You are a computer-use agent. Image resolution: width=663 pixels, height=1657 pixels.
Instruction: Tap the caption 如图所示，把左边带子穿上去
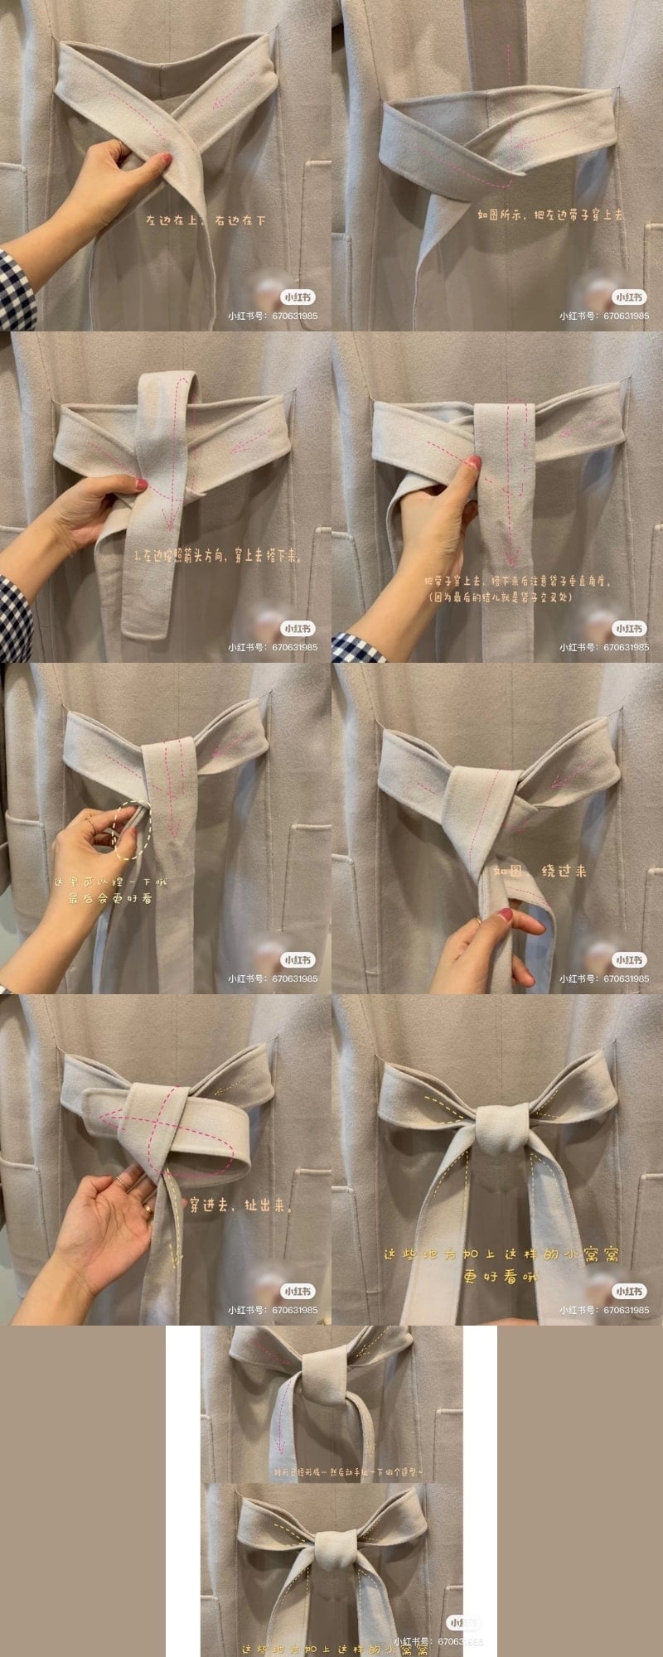pyautogui.click(x=550, y=215)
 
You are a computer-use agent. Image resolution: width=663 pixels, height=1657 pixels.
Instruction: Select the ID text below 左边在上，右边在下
pyautogui.click(x=273, y=316)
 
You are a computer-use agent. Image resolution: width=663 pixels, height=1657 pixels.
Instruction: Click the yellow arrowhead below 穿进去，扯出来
pyautogui.click(x=174, y=1260)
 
